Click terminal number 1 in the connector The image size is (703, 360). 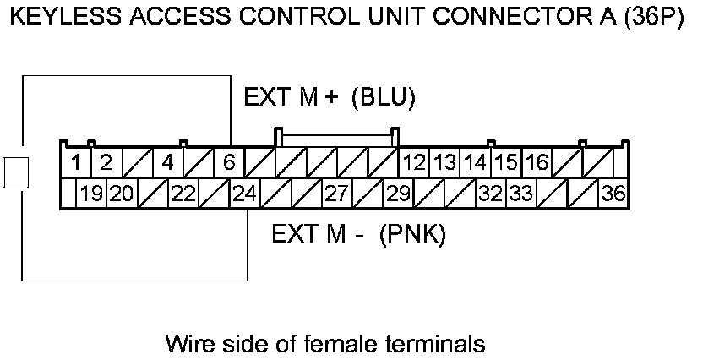[x=76, y=161]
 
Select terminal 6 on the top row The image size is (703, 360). [x=229, y=161]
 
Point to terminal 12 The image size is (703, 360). [x=414, y=161]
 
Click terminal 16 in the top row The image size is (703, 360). [x=537, y=161]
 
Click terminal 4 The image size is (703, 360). [x=167, y=161]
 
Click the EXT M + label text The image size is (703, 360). [x=292, y=99]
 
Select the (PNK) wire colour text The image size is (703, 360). [x=412, y=233]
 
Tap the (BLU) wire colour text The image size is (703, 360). [x=384, y=99]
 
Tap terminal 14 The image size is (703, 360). [x=476, y=161]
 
